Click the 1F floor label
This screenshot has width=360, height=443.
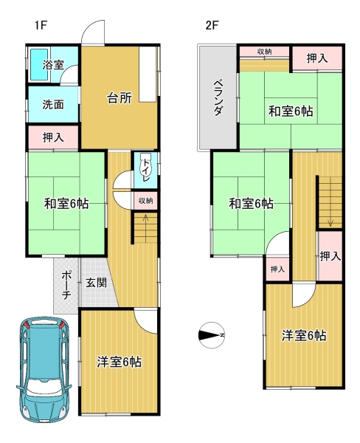[41, 25]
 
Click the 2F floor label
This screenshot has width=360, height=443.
[212, 25]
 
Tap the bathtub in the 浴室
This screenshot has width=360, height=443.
[39, 64]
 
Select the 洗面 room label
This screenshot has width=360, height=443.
[53, 105]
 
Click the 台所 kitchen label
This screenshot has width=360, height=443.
[120, 98]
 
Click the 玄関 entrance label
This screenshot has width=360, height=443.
[97, 282]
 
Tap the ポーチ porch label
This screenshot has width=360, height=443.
[66, 285]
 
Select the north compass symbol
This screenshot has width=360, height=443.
[212, 335]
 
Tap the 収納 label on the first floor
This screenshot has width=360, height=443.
[145, 201]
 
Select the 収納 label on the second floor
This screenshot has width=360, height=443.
[265, 52]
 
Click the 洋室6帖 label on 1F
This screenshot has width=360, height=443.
[120, 362]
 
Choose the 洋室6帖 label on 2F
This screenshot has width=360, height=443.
[304, 336]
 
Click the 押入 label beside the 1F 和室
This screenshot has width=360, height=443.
[53, 137]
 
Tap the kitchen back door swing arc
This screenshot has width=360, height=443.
[90, 28]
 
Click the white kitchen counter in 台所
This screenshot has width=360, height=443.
[148, 74]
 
